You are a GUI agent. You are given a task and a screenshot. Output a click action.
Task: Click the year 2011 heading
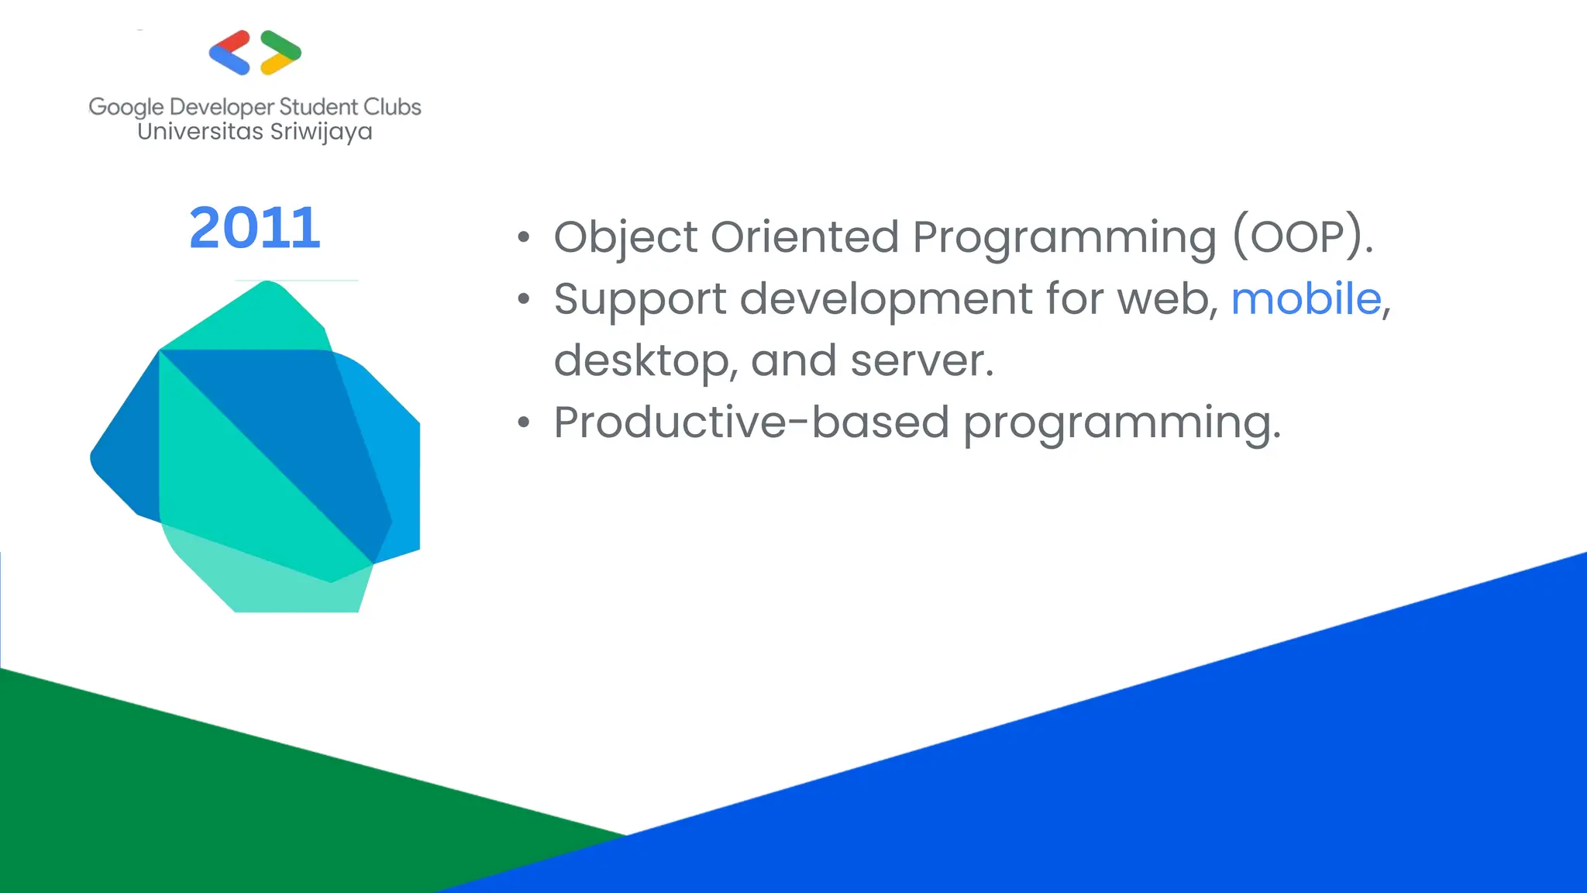coord(254,228)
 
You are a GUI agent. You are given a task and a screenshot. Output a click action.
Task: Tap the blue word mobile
coord(1306,298)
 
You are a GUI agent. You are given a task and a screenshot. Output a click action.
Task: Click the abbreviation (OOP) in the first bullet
coord(1303,236)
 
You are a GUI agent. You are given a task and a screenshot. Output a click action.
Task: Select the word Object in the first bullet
coord(625,236)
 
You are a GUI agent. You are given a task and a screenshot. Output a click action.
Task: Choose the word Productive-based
coord(751,423)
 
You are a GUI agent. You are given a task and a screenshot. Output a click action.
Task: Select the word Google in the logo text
coord(126,107)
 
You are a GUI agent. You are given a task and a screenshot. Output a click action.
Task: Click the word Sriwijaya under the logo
coord(321,132)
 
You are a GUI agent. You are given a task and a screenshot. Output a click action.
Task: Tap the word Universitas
coord(200,132)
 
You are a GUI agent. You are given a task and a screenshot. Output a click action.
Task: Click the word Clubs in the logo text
coord(392,107)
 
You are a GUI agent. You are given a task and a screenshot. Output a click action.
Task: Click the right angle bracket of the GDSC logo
coord(280,53)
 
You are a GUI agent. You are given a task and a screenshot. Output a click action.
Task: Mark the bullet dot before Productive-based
coord(525,423)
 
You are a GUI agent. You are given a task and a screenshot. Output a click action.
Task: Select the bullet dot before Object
coord(525,237)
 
